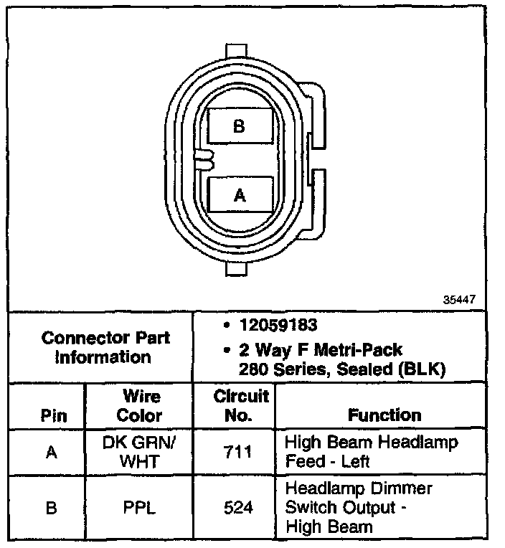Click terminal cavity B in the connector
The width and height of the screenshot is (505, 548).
(239, 127)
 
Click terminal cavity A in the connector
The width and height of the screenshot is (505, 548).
(239, 194)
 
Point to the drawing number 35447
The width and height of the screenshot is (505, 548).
(458, 300)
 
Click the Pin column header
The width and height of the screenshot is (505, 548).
(54, 415)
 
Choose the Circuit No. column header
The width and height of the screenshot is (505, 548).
(241, 406)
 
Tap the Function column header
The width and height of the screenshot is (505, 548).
(384, 415)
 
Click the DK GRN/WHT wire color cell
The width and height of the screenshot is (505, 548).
(139, 451)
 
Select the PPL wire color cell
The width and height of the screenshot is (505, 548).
(139, 508)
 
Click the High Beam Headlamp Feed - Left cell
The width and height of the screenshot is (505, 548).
(371, 451)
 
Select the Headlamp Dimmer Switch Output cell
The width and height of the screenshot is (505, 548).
(359, 507)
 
